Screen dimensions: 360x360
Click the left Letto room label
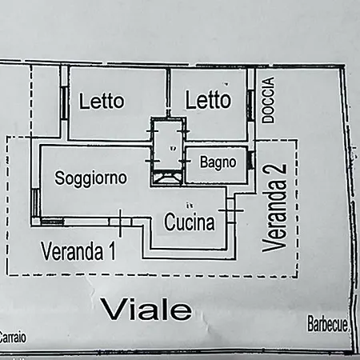(102, 101)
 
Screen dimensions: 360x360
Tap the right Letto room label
(208, 99)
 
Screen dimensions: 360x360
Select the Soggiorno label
(90, 178)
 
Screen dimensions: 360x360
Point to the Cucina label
(190, 222)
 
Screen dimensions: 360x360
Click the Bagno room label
(218, 162)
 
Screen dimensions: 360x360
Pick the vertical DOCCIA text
(268, 100)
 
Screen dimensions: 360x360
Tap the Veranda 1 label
(78, 251)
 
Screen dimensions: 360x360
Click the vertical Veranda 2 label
(274, 208)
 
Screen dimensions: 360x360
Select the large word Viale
(146, 310)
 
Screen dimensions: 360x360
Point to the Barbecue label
(328, 323)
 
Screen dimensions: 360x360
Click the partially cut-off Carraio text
(13, 337)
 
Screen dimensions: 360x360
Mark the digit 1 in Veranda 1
(112, 251)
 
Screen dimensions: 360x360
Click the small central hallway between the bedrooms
(168, 144)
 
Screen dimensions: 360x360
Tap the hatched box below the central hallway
(167, 178)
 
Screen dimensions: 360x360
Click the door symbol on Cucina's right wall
(231, 210)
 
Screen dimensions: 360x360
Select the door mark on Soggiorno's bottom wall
(120, 222)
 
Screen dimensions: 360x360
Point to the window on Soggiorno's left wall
(35, 202)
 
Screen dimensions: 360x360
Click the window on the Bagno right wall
(250, 160)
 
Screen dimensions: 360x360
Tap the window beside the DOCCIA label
(250, 106)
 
